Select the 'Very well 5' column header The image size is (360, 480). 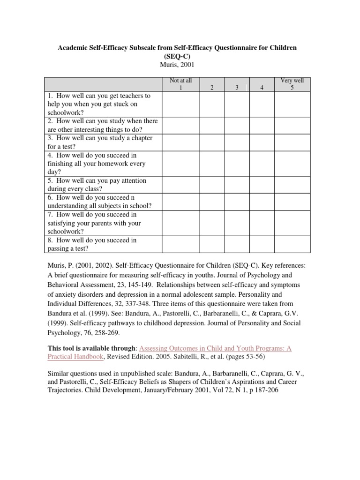[x=292, y=84]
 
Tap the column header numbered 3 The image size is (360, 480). [x=237, y=88]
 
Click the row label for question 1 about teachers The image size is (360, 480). [x=103, y=104]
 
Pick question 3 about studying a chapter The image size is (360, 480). [x=103, y=142]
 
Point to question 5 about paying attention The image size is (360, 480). [x=103, y=185]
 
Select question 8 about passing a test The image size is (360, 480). [x=103, y=244]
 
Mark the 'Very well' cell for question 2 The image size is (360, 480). [x=292, y=125]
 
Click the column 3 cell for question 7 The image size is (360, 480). [x=237, y=223]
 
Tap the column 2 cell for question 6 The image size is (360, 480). [x=212, y=202]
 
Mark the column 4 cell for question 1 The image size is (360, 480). [x=262, y=104]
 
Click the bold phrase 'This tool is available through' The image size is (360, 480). [x=92, y=349]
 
